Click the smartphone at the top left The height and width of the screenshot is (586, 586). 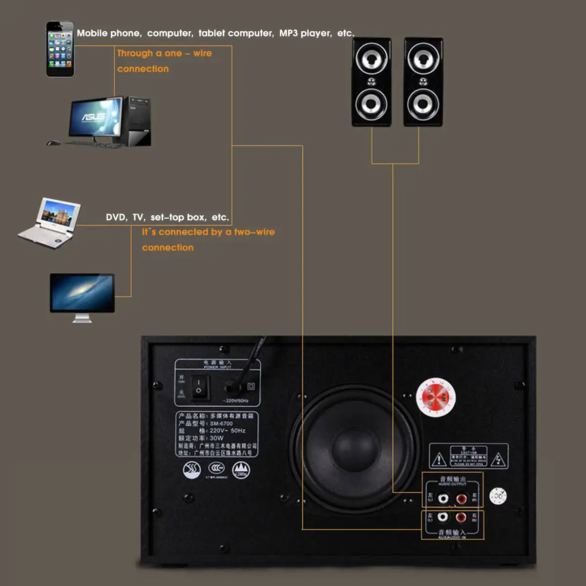(x=60, y=49)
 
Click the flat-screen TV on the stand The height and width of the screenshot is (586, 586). (x=82, y=294)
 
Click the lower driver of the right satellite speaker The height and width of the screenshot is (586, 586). (x=423, y=104)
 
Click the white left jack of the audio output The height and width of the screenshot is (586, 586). (x=443, y=499)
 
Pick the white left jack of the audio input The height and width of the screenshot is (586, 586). (x=443, y=517)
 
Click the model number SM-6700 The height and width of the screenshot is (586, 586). (x=221, y=423)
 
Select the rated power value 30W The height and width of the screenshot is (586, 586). (x=216, y=438)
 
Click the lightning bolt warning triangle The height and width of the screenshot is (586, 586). (x=498, y=460)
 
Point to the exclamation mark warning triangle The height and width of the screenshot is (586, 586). (x=439, y=460)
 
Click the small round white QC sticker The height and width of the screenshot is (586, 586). (x=498, y=496)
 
